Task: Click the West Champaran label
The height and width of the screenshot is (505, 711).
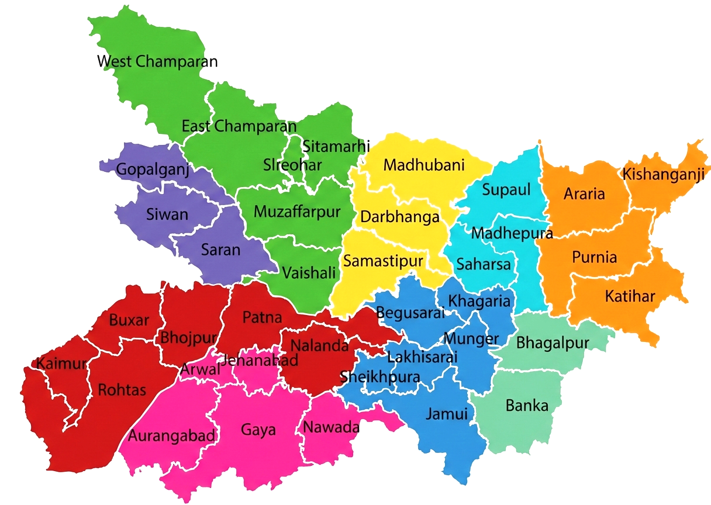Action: [x=157, y=61]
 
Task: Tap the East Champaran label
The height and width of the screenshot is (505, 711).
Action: [x=239, y=126]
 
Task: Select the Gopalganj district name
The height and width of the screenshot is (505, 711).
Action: [x=153, y=170]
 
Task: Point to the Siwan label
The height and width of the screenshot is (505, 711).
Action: [x=167, y=214]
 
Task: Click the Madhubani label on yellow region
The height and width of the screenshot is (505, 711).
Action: [x=424, y=165]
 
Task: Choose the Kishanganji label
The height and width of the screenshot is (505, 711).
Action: [x=663, y=174]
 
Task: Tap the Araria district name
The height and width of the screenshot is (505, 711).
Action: [x=584, y=194]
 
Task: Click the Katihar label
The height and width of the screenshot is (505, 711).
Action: [x=630, y=296]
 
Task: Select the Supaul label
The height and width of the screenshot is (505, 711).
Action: [x=506, y=189]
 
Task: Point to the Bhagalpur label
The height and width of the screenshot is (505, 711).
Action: [x=553, y=342]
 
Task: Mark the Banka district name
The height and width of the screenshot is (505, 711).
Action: [x=527, y=405]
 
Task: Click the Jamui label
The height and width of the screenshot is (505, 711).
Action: [x=447, y=414]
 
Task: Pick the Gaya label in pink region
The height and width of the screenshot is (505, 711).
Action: [x=258, y=430]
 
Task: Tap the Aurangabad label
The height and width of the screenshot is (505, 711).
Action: [x=172, y=436]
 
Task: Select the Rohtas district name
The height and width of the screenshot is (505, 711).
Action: [x=122, y=390]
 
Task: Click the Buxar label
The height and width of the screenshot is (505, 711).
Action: [x=129, y=320]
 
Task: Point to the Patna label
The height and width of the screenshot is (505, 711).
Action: [x=262, y=318]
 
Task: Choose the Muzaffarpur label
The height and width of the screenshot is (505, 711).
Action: [x=296, y=212]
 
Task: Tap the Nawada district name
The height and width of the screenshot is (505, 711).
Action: [x=330, y=428]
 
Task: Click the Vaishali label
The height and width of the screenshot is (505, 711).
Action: [x=309, y=272]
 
